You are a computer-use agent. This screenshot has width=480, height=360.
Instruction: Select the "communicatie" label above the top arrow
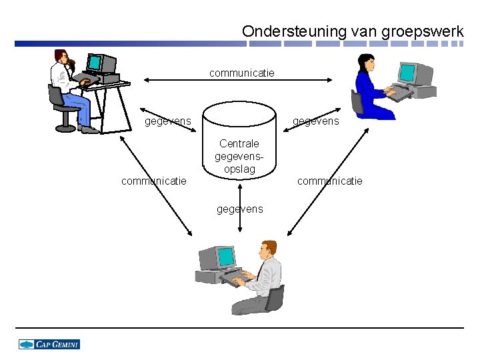point(241,72)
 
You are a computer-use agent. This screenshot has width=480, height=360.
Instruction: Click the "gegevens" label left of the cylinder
point(168,121)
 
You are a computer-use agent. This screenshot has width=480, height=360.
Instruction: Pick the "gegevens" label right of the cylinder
point(316,121)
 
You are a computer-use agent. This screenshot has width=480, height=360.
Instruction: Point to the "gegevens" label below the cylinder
point(240,209)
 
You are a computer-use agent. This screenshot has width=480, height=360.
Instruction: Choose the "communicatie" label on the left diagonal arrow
point(153,181)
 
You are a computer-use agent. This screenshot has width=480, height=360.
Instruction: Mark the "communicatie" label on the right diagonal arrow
point(330,181)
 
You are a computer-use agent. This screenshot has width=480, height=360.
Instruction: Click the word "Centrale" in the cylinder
point(239,143)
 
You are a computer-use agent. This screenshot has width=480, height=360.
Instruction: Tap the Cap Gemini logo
point(49,344)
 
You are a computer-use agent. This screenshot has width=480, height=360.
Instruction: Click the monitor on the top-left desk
point(97,63)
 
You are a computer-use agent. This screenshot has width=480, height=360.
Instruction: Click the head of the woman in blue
point(366,63)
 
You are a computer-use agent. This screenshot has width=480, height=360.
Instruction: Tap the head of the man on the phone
point(61,58)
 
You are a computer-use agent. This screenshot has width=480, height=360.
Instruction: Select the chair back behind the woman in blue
point(358,102)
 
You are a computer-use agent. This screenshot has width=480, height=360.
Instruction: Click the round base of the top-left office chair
point(67,127)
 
